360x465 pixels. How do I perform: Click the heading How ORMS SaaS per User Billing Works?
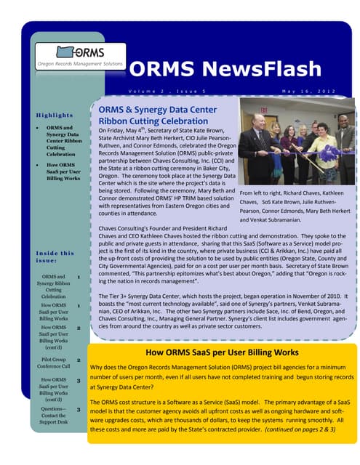(223, 352)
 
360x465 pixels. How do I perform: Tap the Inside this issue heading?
(55, 257)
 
